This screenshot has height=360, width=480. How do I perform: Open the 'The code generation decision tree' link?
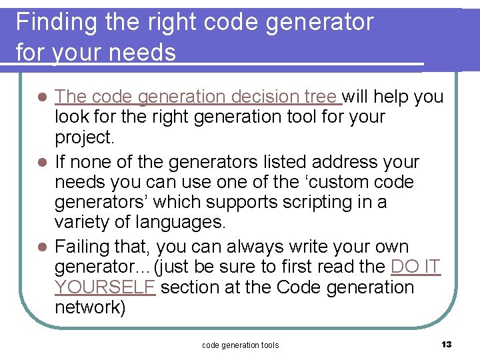[x=198, y=97]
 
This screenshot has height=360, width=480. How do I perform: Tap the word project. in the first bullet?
[x=85, y=137]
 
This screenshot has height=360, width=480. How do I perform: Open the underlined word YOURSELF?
[x=105, y=287]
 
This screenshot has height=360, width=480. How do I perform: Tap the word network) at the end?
[x=90, y=307]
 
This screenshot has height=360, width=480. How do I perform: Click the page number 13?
[x=446, y=344]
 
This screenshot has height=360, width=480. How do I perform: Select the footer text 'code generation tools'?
[x=240, y=345]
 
